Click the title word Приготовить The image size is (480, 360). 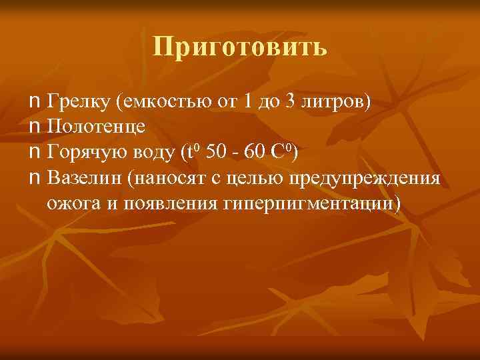[240, 47]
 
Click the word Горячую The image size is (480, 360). [87, 153]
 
